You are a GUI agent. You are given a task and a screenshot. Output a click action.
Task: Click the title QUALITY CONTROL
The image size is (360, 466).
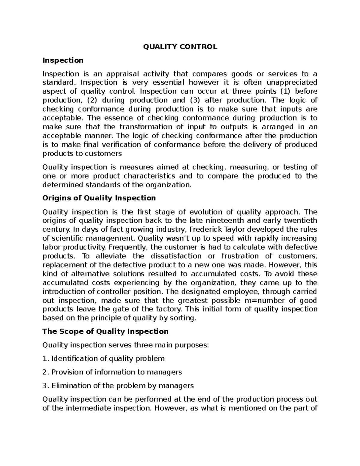180,47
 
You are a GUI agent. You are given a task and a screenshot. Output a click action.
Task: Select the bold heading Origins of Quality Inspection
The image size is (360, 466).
99,198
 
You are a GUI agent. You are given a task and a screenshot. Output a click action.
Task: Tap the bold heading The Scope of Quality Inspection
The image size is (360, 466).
105,331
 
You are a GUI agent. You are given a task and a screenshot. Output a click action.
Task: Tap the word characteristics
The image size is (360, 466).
149,176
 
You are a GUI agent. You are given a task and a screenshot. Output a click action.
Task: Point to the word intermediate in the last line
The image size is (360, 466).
85,408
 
